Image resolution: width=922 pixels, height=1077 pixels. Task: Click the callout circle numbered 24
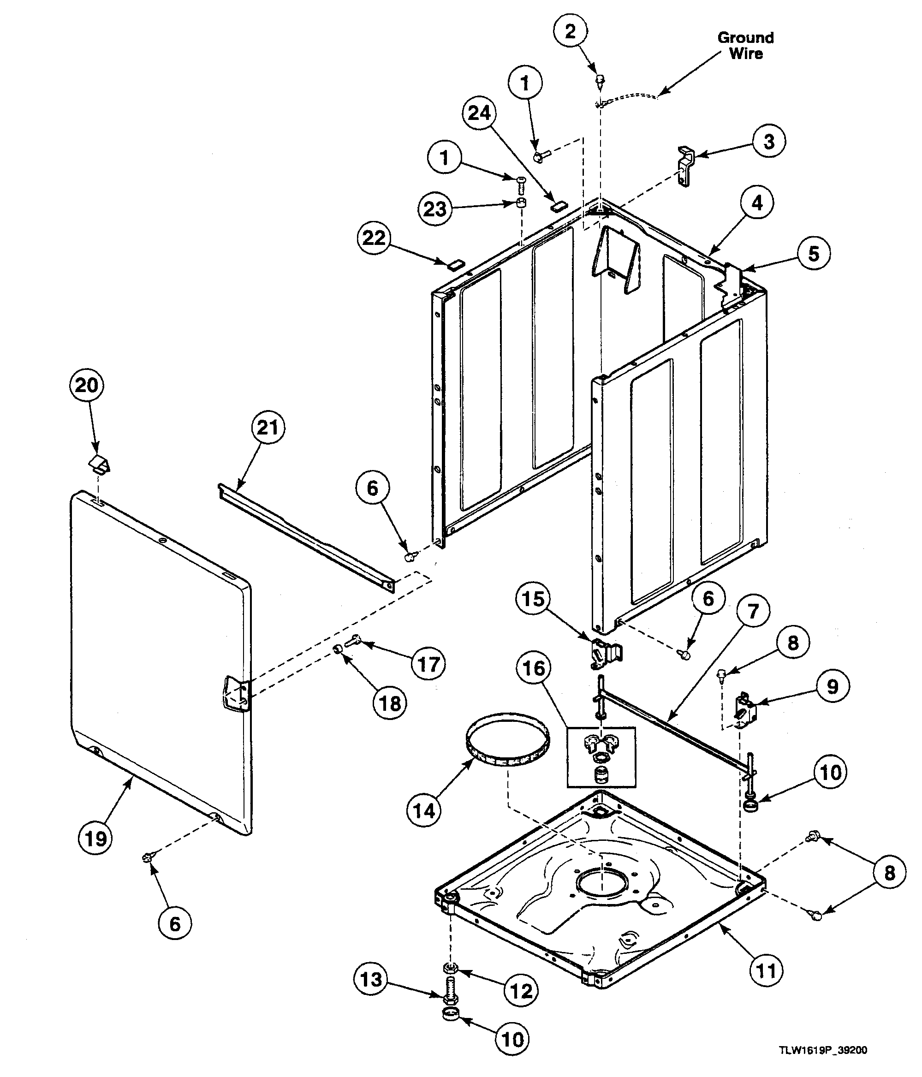[x=479, y=113]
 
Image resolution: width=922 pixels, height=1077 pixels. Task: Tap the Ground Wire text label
[x=746, y=45]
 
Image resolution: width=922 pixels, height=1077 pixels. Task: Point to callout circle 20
[x=87, y=385]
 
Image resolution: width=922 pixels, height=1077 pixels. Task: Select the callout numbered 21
[x=268, y=427]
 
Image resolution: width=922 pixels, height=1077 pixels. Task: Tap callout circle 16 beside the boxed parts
[x=534, y=668]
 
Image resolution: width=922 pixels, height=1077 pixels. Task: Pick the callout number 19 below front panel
[x=95, y=839]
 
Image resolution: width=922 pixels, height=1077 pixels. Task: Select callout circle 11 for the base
[x=766, y=970]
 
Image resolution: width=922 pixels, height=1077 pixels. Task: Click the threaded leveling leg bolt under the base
[x=450, y=991]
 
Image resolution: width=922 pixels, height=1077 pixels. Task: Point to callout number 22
[x=374, y=238]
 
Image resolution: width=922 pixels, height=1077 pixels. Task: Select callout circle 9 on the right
[x=832, y=686]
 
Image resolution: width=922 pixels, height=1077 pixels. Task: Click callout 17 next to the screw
[x=428, y=664]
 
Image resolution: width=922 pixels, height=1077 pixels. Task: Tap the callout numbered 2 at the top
[x=570, y=31]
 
